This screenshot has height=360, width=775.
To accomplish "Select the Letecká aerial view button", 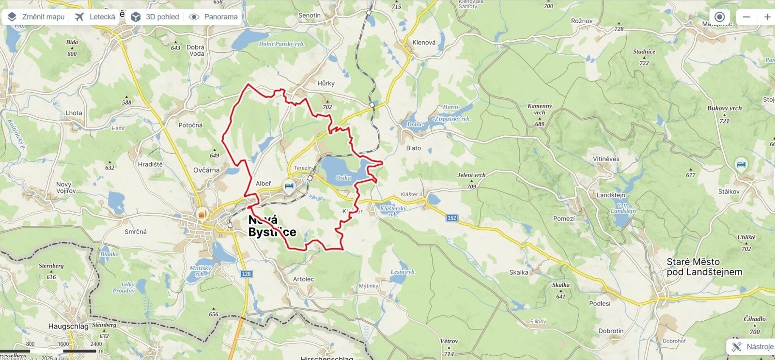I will click(x=95, y=17).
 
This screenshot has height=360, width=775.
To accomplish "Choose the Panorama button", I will click(x=214, y=17).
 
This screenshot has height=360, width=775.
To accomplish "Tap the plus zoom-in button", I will click(x=767, y=17).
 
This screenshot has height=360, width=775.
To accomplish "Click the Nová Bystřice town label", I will click(x=271, y=226).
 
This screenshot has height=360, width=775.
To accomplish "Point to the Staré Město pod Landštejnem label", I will click(x=704, y=267).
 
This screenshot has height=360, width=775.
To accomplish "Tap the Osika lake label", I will click(x=343, y=178).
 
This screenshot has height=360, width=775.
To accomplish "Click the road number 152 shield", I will click(x=451, y=218).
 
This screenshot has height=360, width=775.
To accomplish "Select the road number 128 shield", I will click(x=246, y=274).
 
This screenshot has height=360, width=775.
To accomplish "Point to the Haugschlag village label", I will click(x=68, y=326).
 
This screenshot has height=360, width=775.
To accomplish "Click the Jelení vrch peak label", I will click(x=471, y=175).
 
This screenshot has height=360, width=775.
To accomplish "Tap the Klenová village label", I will click(x=424, y=43).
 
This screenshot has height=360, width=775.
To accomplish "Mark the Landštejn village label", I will click(x=611, y=195).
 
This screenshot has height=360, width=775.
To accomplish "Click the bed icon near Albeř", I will click(x=289, y=185).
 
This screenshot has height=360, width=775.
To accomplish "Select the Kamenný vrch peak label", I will click(x=540, y=109).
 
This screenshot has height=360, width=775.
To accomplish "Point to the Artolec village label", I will click(x=304, y=279).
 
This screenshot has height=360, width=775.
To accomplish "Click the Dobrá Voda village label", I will click(x=196, y=50).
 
